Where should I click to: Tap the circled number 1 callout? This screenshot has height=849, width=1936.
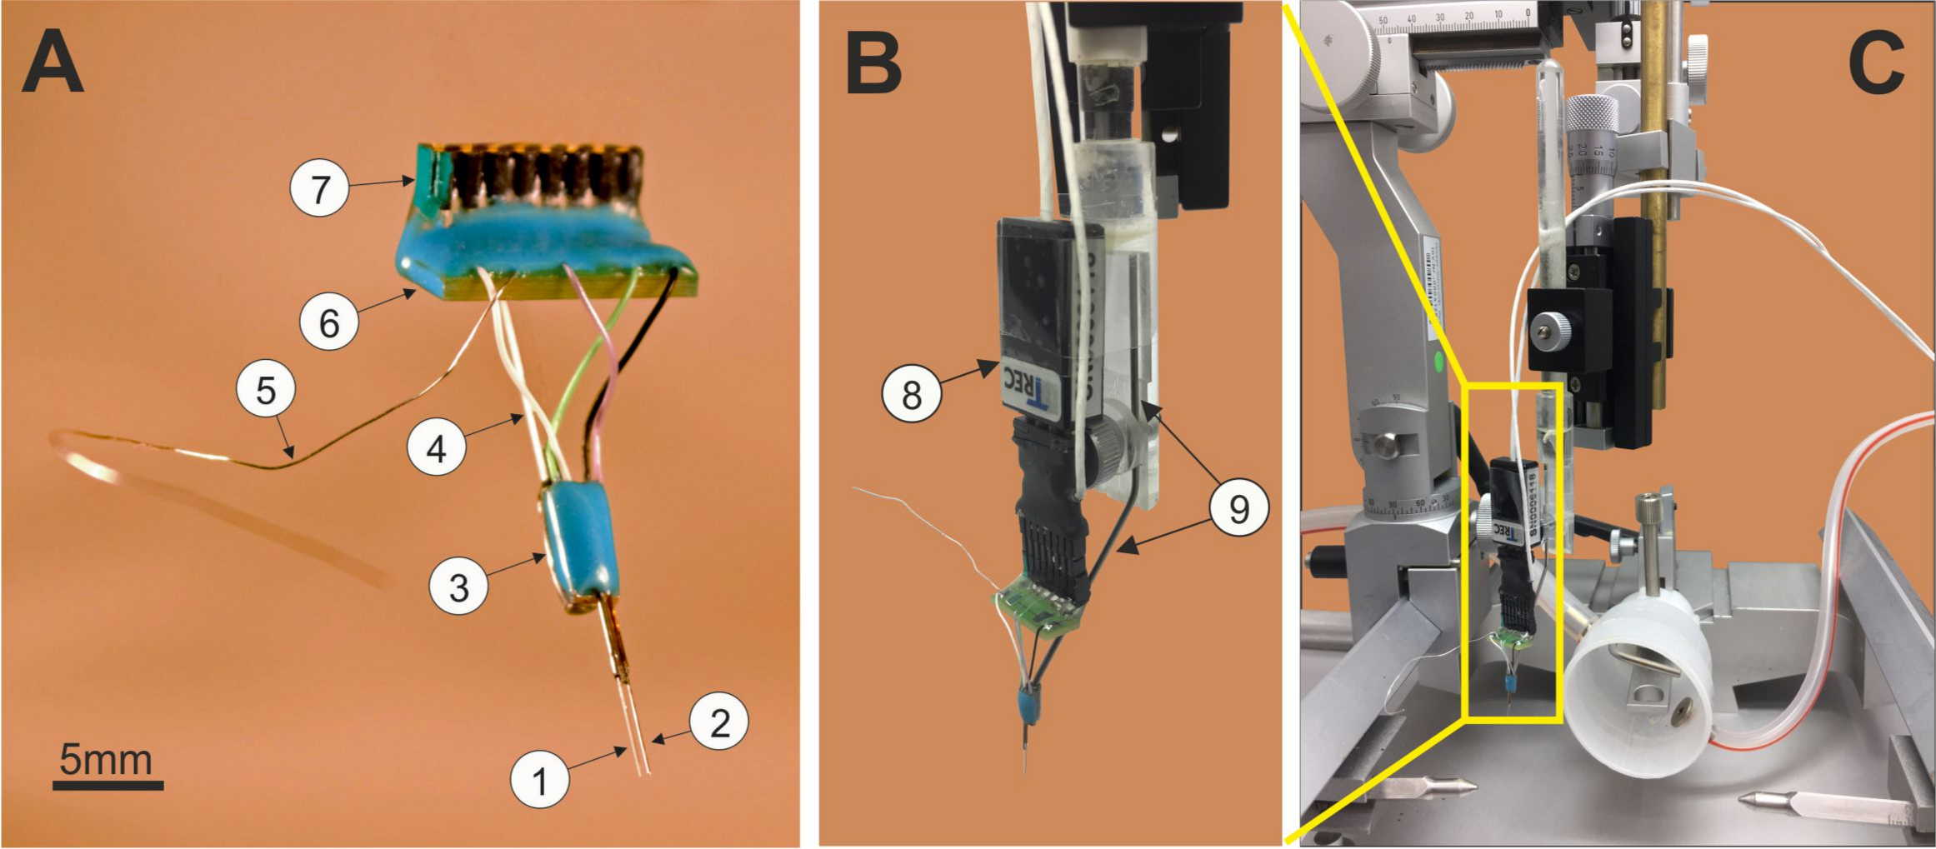point(540,781)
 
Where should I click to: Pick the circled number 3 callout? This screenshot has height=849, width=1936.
point(459,587)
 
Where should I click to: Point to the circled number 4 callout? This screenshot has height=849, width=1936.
point(436,448)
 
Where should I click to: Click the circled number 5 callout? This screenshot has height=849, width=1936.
point(266,390)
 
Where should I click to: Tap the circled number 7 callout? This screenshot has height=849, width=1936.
point(320,189)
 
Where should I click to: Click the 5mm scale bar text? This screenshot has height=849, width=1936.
point(106,760)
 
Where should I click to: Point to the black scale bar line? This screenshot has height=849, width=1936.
point(108,785)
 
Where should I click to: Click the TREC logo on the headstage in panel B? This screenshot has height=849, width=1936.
point(1030,390)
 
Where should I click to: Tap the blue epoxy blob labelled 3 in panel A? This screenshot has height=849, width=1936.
point(577,542)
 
